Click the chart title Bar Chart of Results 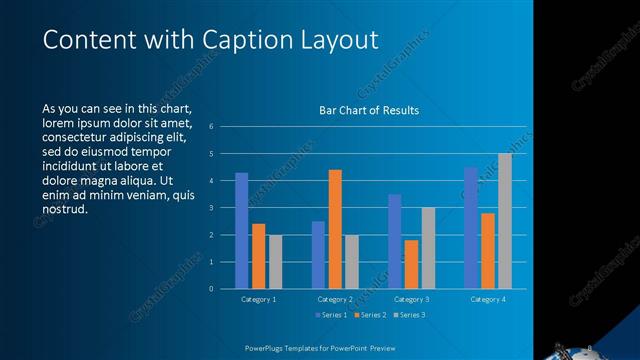tap(368, 110)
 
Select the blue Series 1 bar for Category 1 tap(241, 231)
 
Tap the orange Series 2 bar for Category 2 tap(335, 229)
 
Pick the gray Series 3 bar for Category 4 tap(505, 221)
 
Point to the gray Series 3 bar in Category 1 tap(275, 262)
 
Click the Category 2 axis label tap(335, 299)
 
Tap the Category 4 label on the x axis tap(488, 299)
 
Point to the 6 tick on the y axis tap(211, 127)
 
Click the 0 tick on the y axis tap(211, 289)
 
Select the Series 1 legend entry tap(333, 316)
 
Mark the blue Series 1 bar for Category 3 tap(394, 241)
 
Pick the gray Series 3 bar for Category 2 tap(352, 262)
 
